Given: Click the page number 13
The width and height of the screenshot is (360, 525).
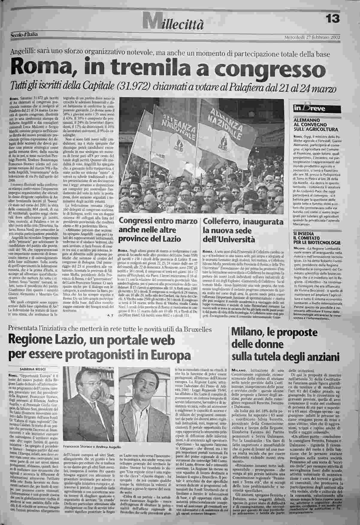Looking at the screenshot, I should [x=332, y=19].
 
